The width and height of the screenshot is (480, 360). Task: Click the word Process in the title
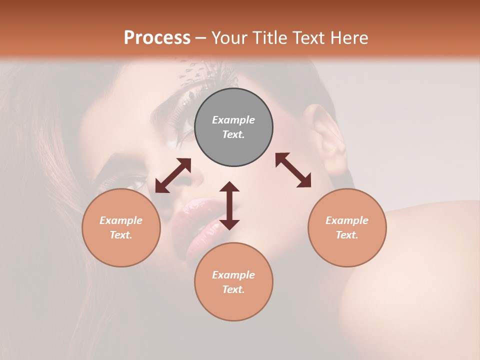pyautogui.click(x=157, y=38)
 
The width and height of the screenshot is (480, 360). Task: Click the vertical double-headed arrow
pyautogui.click(x=229, y=205)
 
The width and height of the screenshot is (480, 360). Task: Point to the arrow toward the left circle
pyautogui.click(x=173, y=175)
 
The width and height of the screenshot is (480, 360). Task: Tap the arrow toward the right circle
pyautogui.click(x=293, y=170)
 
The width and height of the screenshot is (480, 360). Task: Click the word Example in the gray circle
pyautogui.click(x=233, y=120)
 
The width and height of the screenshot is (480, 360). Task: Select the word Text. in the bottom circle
pyautogui.click(x=233, y=289)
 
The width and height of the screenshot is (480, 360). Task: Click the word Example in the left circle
pyautogui.click(x=121, y=220)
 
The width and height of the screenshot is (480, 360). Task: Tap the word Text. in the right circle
pyautogui.click(x=347, y=235)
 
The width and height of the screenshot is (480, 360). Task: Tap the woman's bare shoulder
pyautogui.click(x=425, y=260)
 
